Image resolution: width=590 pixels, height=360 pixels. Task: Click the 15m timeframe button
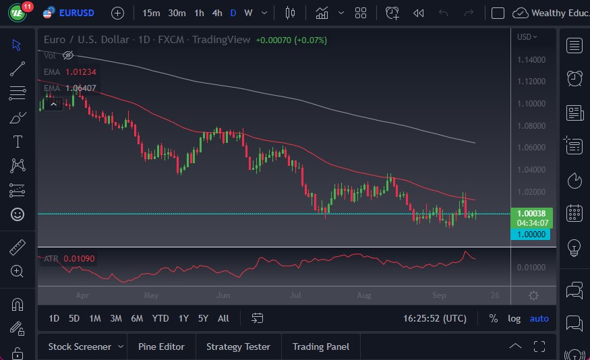[152, 13]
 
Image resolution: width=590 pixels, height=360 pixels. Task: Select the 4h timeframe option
[216, 13]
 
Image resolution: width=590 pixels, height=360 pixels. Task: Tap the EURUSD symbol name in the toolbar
[76, 13]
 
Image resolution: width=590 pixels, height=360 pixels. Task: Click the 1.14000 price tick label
[531, 60]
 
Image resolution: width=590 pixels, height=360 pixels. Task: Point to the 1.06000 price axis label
[531, 148]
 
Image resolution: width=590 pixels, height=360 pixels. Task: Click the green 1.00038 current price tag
[532, 213]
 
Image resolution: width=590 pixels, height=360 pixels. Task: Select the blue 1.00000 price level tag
[532, 234]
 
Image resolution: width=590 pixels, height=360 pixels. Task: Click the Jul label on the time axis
[295, 295]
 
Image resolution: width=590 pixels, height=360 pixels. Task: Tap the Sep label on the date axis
[439, 295]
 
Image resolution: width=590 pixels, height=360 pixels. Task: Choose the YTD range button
[160, 318]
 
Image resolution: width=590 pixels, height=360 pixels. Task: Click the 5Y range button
[203, 318]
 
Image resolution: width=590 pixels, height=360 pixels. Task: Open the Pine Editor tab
[161, 347]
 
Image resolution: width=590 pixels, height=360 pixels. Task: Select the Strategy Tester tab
[238, 347]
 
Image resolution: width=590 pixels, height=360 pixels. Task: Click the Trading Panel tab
[321, 347]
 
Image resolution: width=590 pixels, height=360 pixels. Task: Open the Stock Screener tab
[80, 347]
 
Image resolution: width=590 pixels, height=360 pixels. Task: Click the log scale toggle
[514, 318]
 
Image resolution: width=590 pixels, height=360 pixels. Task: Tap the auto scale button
[539, 318]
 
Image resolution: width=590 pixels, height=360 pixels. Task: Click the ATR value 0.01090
[79, 258]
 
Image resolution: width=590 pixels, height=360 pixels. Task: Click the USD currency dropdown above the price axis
[527, 37]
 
